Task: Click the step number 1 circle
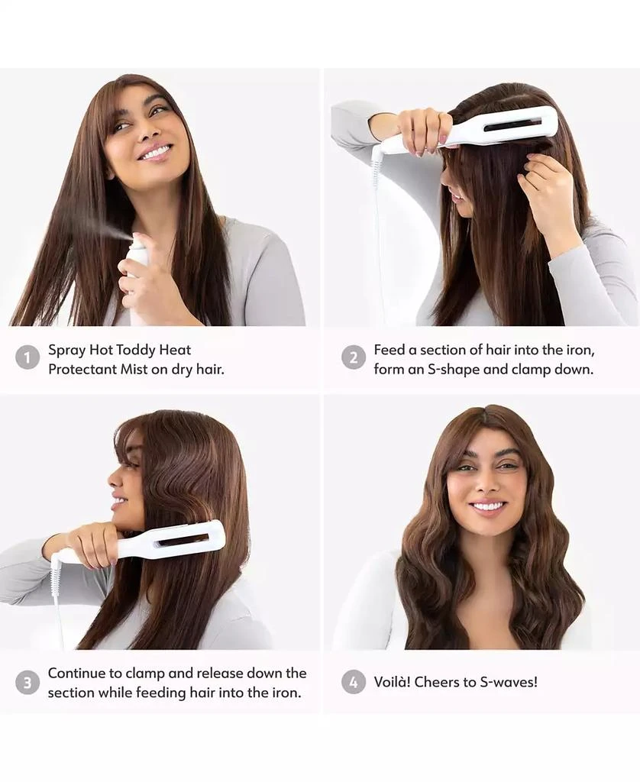(x=27, y=357)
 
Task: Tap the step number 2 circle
(x=353, y=357)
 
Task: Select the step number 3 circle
(x=27, y=682)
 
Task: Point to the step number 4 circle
(x=353, y=682)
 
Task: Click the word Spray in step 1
(x=66, y=351)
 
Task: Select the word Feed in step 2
(x=389, y=350)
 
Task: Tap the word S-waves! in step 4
(x=507, y=682)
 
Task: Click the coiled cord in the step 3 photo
(x=55, y=574)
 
